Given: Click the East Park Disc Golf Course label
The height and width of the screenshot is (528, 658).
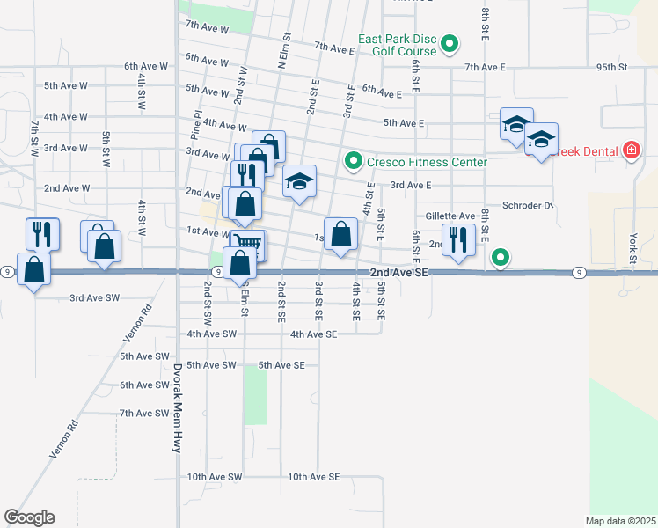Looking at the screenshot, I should click(x=398, y=45).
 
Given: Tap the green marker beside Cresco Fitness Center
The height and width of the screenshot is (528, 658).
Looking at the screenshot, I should click(x=354, y=161).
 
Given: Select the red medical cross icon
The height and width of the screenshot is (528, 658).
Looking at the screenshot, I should click(x=631, y=151).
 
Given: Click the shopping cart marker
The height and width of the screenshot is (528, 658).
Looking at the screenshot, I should click(x=250, y=244).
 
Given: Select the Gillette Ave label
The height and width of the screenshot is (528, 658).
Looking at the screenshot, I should click(x=450, y=216).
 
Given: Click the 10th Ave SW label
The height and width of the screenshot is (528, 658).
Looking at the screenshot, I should click(x=214, y=477).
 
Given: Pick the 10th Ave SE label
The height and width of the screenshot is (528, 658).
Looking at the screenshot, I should click(x=313, y=477).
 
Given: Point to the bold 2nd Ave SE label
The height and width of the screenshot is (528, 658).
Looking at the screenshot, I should click(x=398, y=274).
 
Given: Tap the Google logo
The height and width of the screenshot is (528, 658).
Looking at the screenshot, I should click(x=29, y=517).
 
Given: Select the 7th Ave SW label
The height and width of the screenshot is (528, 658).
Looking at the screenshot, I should click(x=144, y=413).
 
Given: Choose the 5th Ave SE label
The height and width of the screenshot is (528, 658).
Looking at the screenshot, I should click(x=281, y=364).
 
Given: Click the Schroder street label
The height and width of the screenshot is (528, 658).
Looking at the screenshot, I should click(x=528, y=205).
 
